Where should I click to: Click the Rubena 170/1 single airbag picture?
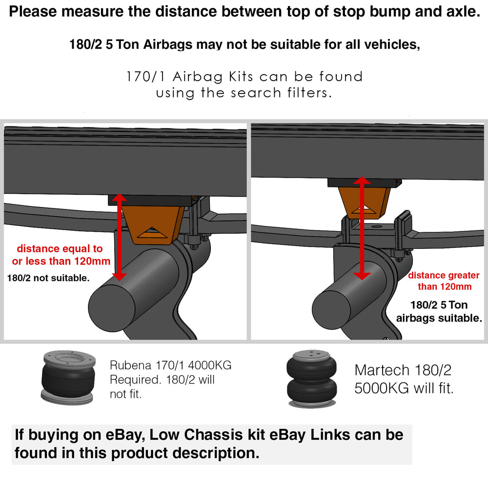click(x=68, y=378)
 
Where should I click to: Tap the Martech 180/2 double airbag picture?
click(x=311, y=379)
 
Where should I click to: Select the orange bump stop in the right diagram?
click(x=364, y=203)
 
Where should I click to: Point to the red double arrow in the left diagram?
click(x=119, y=237)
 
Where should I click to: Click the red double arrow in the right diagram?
click(x=362, y=228)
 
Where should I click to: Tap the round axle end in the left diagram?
click(x=111, y=307)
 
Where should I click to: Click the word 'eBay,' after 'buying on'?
click(x=126, y=435)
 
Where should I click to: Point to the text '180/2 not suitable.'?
click(x=48, y=278)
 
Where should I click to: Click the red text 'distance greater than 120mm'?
click(x=444, y=281)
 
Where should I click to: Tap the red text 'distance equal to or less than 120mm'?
click(x=61, y=255)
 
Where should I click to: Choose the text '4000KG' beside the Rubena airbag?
click(x=210, y=365)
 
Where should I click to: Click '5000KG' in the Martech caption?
click(x=382, y=388)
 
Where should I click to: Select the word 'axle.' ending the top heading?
click(x=464, y=12)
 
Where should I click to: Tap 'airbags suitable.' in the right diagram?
click(x=439, y=318)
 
